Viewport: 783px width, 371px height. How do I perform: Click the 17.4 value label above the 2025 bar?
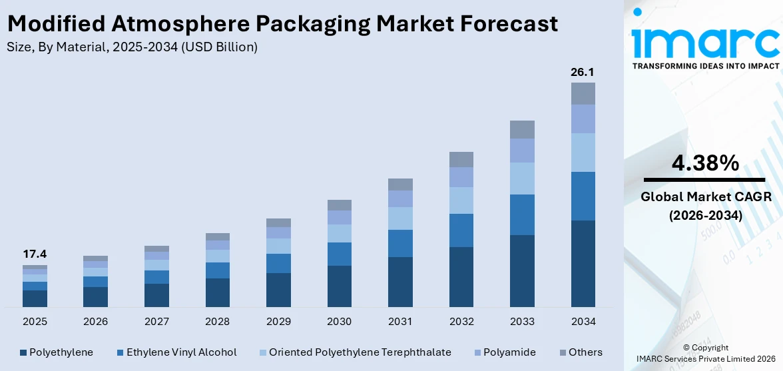point(35,254)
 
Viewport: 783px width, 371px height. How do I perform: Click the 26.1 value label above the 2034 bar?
point(583,72)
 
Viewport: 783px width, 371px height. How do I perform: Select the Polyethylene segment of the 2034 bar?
point(583,263)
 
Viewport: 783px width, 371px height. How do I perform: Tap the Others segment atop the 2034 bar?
point(583,93)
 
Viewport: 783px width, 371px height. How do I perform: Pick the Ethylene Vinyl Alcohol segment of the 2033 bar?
point(522,214)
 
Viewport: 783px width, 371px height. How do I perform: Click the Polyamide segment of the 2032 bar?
point(461,177)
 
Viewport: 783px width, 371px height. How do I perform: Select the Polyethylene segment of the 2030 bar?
point(339,286)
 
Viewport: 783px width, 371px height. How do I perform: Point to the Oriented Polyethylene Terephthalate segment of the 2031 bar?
point(400,218)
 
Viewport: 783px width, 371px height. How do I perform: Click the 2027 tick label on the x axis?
point(156,322)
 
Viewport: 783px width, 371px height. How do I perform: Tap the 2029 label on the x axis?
point(278,322)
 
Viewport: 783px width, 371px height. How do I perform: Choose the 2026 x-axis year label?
point(95,322)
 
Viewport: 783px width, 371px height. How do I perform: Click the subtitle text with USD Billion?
point(132,47)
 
